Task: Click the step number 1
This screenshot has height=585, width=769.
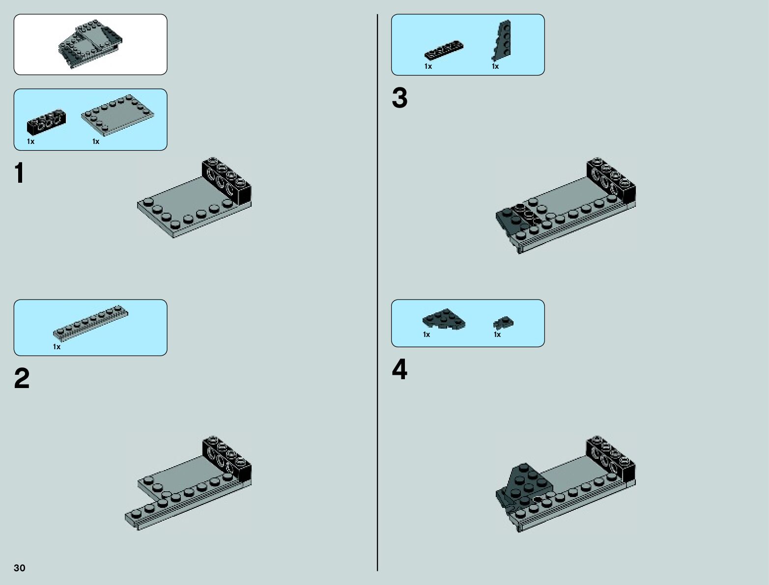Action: click(x=19, y=173)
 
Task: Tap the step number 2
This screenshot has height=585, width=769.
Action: click(x=22, y=379)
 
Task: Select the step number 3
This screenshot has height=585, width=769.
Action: click(x=399, y=98)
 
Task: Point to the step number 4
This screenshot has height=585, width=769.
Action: click(x=399, y=370)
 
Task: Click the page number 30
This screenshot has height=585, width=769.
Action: click(x=20, y=568)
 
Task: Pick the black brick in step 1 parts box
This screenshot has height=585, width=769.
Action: click(x=46, y=121)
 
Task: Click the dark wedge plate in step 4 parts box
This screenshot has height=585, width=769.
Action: click(x=443, y=319)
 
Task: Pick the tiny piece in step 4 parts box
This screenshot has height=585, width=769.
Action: click(x=503, y=323)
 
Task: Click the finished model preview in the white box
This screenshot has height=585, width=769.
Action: click(x=90, y=44)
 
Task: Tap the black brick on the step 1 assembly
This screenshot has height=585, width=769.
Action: click(x=226, y=180)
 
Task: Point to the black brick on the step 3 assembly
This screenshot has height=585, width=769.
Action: click(x=610, y=180)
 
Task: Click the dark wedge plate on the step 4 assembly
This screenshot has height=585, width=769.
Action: click(x=527, y=481)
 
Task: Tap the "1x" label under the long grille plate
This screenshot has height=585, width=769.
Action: click(x=57, y=347)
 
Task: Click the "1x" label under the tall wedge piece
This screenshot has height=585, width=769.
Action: click(x=495, y=66)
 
